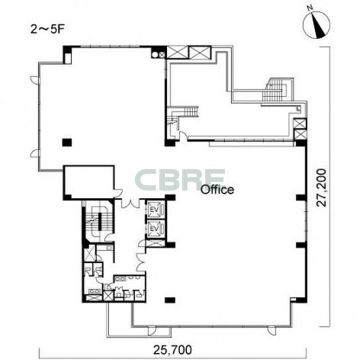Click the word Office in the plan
(x=217, y=190)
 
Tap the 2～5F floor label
(x=46, y=30)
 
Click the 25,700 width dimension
(x=172, y=350)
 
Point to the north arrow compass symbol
(x=316, y=24)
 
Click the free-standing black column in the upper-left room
(x=67, y=142)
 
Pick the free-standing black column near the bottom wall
(x=170, y=300)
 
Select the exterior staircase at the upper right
(x=278, y=90)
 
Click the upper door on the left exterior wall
(x=34, y=79)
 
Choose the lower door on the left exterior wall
(x=34, y=153)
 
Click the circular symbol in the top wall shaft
(x=155, y=55)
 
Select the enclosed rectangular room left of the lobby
(x=89, y=182)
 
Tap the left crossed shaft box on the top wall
(x=177, y=52)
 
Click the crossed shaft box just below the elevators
(x=156, y=244)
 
